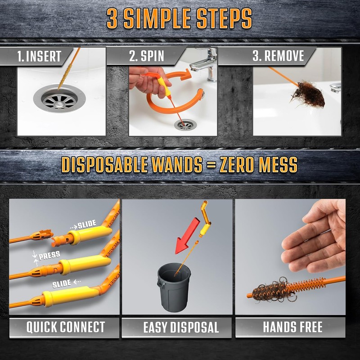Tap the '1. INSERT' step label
(39, 56)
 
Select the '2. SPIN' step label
(147, 56)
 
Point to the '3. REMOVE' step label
(278, 56)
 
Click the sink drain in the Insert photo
(59, 99)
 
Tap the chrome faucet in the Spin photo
(204, 64)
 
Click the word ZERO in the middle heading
(238, 165)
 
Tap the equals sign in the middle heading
(211, 165)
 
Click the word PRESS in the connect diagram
(49, 255)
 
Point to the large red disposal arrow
(187, 236)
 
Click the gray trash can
(174, 287)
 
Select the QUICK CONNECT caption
(66, 327)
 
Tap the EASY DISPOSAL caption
(181, 327)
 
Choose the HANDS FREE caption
(292, 327)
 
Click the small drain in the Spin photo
(185, 124)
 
